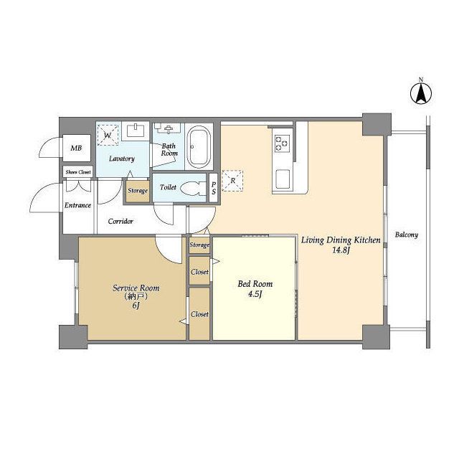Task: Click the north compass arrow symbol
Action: coord(421,94)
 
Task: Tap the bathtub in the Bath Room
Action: coord(199,147)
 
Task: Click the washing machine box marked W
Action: coord(108,135)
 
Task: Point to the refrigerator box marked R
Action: coord(232,181)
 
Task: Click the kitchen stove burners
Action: coord(282,143)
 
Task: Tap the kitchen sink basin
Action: coord(283,179)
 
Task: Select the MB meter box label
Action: coord(76,148)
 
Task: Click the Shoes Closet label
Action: coord(78,172)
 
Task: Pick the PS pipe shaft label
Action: coord(214,188)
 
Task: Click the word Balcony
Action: coord(407,235)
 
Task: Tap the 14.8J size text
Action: coord(341,250)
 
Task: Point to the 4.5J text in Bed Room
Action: coord(255,294)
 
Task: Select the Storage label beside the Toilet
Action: coord(138,191)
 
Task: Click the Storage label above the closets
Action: coord(199,245)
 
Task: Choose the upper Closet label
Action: coord(199,272)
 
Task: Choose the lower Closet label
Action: coord(199,314)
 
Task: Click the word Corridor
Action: coord(120,222)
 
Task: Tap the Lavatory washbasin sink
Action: coord(136,131)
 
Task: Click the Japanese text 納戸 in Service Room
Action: coord(136,296)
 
